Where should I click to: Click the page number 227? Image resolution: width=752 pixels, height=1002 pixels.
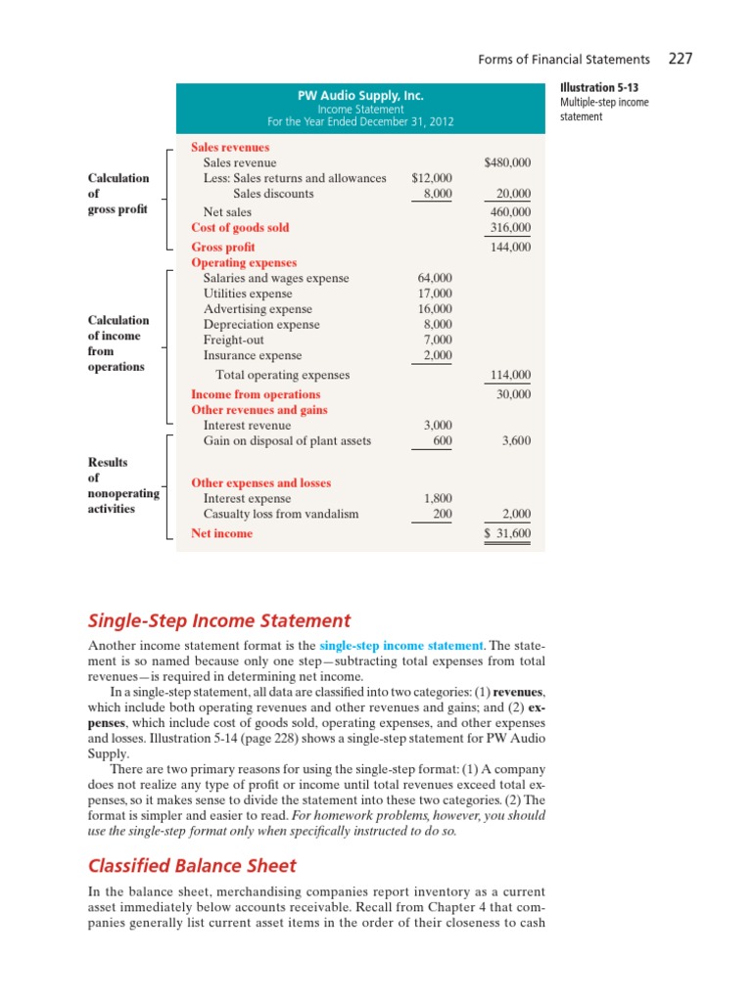point(681,60)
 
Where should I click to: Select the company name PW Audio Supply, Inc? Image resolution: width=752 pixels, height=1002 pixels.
point(360,96)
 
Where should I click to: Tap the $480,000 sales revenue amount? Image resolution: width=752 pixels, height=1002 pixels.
point(507,162)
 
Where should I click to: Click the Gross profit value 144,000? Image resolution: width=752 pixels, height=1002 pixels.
point(509,248)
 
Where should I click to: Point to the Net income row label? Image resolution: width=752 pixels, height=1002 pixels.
point(221,533)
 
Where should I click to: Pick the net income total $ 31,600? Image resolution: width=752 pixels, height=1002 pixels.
point(507,533)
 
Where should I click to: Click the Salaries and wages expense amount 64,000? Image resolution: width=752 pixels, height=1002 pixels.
point(435,278)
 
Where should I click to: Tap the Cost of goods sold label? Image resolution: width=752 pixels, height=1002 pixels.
point(240,227)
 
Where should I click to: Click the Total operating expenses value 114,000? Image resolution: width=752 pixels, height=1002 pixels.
point(509,375)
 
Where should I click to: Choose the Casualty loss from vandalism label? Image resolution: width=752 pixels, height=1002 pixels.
point(281,514)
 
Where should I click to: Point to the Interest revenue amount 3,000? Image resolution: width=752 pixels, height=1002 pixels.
point(437,425)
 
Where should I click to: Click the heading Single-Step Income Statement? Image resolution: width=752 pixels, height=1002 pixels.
point(219,620)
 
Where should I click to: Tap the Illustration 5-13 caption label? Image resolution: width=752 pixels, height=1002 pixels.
point(599,88)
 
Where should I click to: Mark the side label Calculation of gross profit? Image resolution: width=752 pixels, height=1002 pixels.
point(118,194)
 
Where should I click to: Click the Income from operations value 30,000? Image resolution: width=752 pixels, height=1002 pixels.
point(513,394)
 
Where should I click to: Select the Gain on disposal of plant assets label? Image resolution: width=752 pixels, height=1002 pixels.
point(287,440)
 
